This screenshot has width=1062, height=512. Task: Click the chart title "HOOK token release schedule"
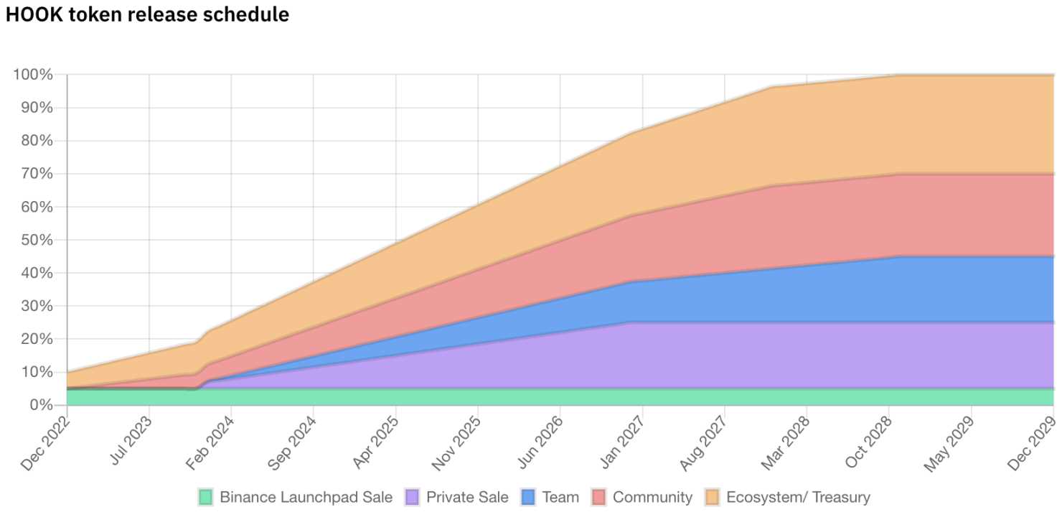point(147,14)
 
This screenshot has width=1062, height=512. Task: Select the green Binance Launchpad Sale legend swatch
point(206,497)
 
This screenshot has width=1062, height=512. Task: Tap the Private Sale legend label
point(467,497)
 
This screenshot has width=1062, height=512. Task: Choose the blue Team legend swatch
point(527,497)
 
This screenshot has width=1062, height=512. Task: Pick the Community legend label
point(652,497)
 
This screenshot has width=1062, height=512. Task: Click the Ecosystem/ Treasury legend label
point(798,497)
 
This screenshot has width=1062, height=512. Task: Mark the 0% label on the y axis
point(41,405)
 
